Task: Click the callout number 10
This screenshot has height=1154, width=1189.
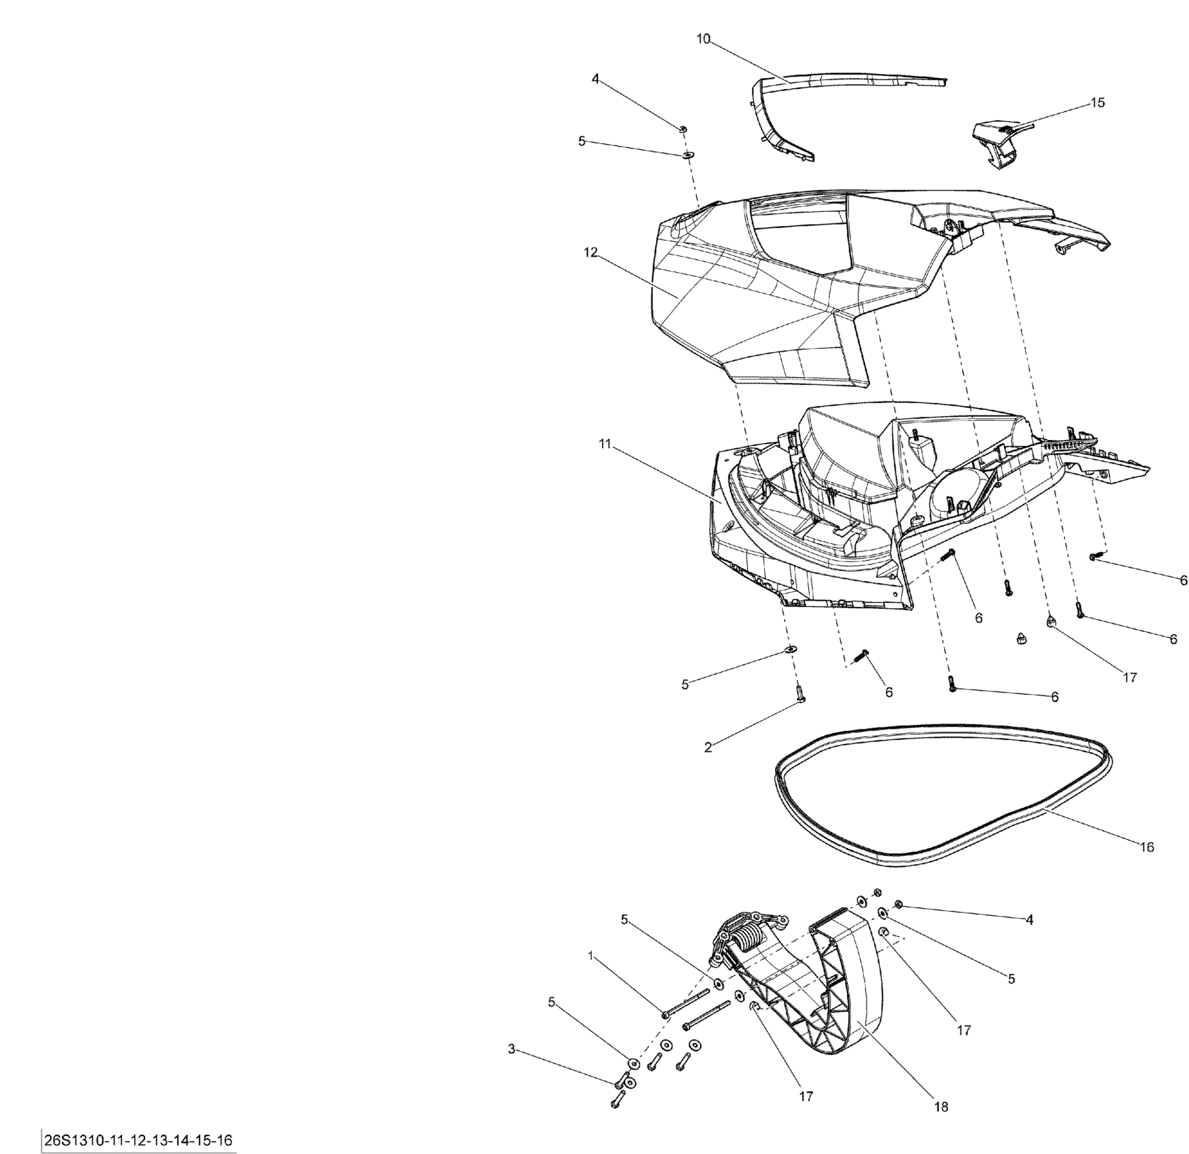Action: (x=703, y=39)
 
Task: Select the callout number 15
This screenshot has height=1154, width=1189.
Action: (x=1097, y=103)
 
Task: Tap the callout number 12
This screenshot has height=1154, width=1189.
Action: (x=590, y=253)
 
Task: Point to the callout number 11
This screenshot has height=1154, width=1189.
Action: (x=605, y=444)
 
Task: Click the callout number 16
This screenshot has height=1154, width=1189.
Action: (x=1146, y=847)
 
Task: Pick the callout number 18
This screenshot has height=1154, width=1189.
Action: (x=941, y=1106)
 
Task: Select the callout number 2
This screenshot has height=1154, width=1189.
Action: (x=709, y=747)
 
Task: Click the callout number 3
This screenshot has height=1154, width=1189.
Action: (x=512, y=1049)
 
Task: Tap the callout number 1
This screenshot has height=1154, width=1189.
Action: (x=590, y=955)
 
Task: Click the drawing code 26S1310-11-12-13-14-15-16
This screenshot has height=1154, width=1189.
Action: (x=138, y=1140)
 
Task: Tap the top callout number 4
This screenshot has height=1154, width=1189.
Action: (x=595, y=79)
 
